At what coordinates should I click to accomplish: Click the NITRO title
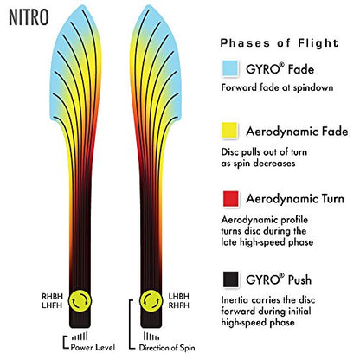[x=29, y=17]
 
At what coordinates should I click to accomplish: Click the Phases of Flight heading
[x=280, y=43]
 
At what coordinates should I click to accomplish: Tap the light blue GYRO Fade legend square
[x=230, y=68]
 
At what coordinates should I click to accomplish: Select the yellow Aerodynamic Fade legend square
[x=229, y=131]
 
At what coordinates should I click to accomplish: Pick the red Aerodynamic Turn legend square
[x=231, y=199]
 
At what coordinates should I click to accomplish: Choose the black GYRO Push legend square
[x=231, y=280]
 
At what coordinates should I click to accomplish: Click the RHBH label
[x=52, y=297]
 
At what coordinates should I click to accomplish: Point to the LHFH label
[x=52, y=305]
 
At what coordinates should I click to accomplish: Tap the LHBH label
[x=179, y=297]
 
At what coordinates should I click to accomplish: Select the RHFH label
[x=179, y=305]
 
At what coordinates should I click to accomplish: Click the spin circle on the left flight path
[x=80, y=301]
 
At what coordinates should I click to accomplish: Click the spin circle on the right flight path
[x=151, y=301]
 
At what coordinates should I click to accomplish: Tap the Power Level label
[x=93, y=347]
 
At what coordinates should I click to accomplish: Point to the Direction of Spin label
[x=167, y=348]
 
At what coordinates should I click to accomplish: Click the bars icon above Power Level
[x=80, y=337]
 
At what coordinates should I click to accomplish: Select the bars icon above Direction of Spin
[x=151, y=337]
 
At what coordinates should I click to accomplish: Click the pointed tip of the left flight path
[x=83, y=5]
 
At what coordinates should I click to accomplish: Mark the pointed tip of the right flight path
[x=148, y=5]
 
